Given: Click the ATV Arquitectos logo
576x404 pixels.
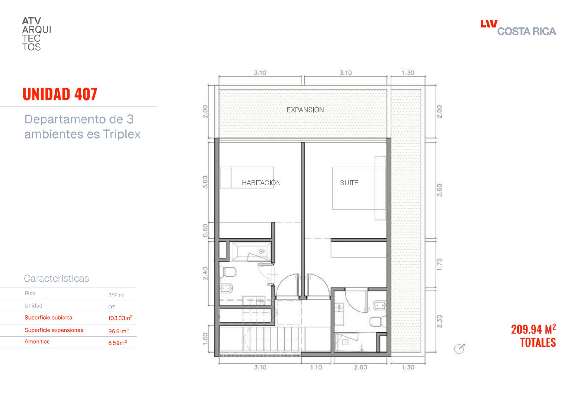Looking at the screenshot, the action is [x=37, y=34].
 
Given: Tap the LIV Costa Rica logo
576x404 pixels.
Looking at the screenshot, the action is [x=518, y=28].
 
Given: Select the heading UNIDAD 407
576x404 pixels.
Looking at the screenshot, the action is [x=60, y=94].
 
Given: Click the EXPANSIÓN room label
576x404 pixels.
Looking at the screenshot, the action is [x=305, y=110].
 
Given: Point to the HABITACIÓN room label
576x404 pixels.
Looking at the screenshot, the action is [x=261, y=182].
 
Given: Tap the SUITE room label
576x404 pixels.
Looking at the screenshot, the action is [x=349, y=182].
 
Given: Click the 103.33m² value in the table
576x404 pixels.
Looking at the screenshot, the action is [x=120, y=318].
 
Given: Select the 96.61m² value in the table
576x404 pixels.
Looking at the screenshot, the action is [x=118, y=331].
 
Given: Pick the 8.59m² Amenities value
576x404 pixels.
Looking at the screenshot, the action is [x=117, y=342].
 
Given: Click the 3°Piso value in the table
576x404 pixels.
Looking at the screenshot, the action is [x=116, y=295].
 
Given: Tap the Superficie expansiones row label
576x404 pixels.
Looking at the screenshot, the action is [x=54, y=330].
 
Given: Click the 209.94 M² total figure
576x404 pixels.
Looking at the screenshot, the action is [x=534, y=329].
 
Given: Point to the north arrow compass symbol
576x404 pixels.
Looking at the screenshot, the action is [x=460, y=348].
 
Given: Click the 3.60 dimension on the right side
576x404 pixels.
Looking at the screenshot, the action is [x=439, y=190].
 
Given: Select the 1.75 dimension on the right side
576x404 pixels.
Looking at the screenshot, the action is [x=439, y=264].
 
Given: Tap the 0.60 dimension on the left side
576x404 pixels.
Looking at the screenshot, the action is [x=205, y=230].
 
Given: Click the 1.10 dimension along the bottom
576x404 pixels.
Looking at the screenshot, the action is [x=316, y=367].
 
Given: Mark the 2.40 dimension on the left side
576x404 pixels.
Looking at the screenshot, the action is [x=205, y=273].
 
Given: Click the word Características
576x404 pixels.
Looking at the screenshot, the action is [x=56, y=279].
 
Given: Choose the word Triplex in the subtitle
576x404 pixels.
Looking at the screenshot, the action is [x=122, y=134].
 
